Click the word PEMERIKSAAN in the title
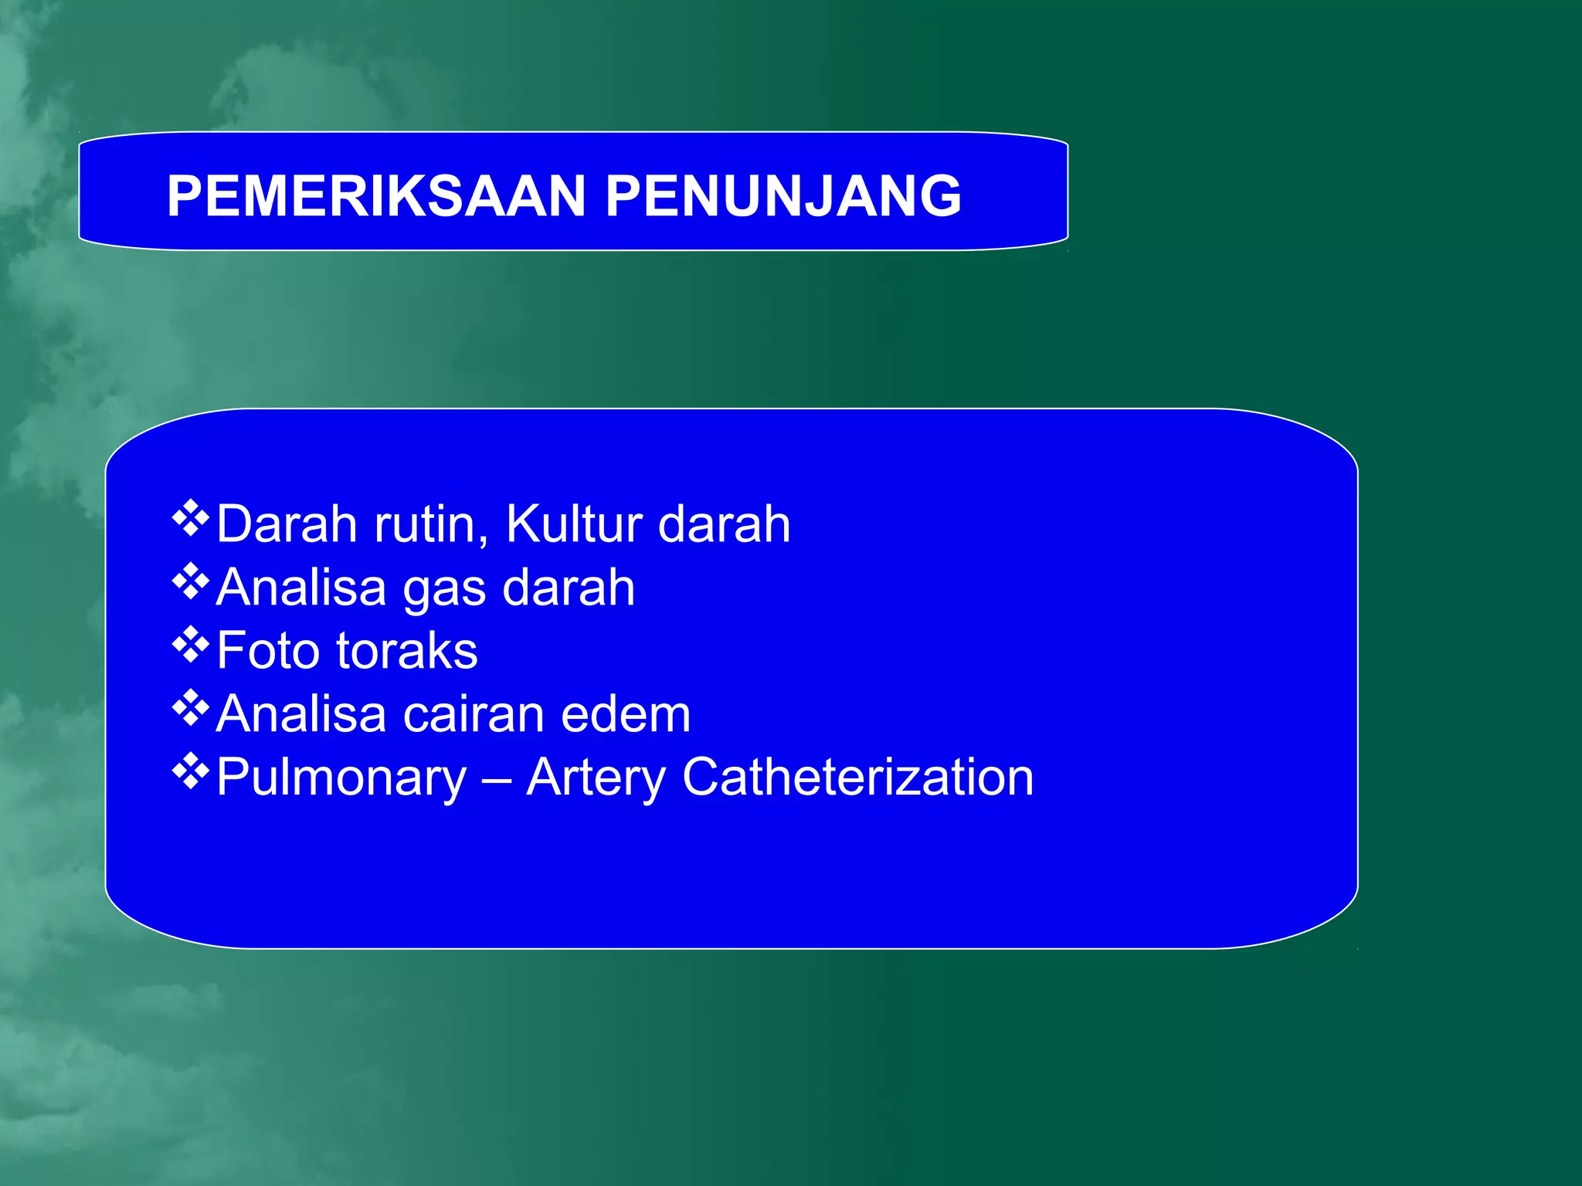(376, 196)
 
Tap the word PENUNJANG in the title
(783, 196)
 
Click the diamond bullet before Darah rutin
(190, 519)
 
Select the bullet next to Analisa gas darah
(190, 583)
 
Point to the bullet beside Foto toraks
(190, 646)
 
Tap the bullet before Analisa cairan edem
(190, 710)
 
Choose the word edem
(626, 714)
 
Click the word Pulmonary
(341, 778)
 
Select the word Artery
(596, 778)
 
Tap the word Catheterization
(857, 777)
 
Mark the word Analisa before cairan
(300, 714)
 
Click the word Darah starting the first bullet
(287, 524)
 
